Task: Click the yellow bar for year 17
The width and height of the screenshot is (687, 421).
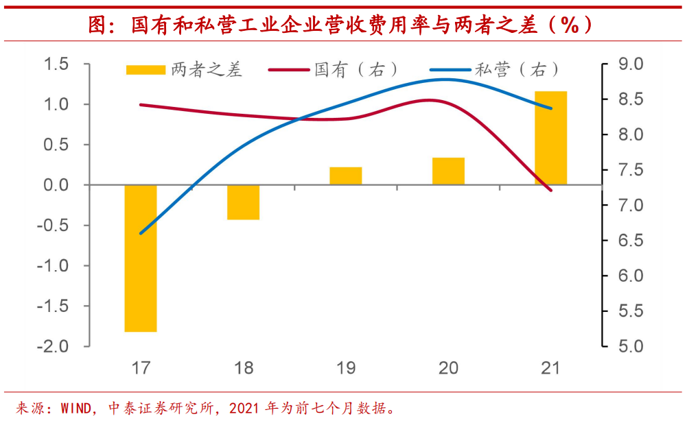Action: (141, 258)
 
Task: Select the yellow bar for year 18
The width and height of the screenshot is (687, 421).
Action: (244, 202)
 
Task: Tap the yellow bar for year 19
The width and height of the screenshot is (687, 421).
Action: (345, 176)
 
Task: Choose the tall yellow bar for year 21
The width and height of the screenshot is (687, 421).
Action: (551, 138)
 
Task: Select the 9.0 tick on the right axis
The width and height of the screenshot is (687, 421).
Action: (630, 64)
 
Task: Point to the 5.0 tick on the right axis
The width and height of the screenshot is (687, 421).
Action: (630, 346)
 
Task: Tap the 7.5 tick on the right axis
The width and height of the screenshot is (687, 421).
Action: (630, 170)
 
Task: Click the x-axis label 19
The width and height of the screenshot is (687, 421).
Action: (346, 368)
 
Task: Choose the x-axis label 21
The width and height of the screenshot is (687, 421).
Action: (550, 368)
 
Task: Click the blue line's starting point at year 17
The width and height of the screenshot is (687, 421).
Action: (141, 233)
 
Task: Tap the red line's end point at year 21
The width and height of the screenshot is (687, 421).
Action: (550, 190)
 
